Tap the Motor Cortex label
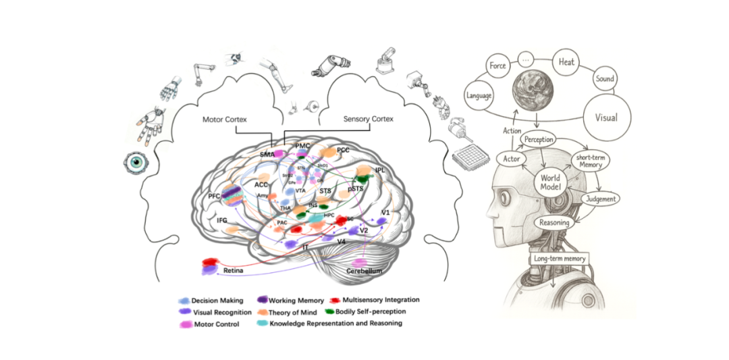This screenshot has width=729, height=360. click(x=225, y=120)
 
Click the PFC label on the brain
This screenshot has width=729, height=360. click(x=215, y=196)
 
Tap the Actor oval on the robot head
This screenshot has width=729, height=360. click(x=510, y=158)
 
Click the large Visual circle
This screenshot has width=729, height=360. click(x=605, y=117)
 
